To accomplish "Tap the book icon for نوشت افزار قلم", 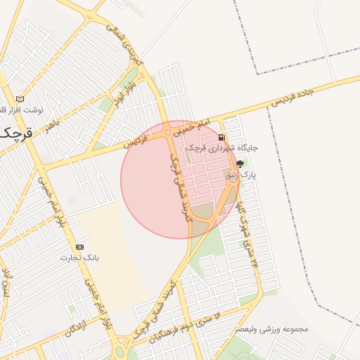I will (x=20, y=98).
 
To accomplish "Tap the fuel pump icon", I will (x=222, y=137).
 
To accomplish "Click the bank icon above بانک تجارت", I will (x=79, y=247).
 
